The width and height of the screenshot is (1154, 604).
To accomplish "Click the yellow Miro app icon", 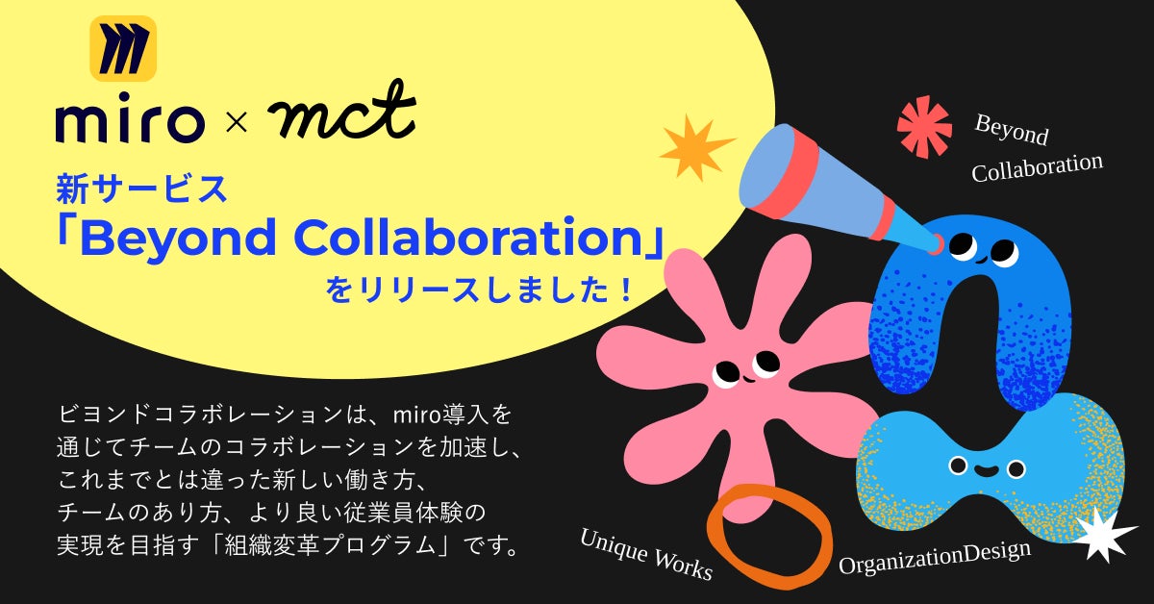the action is pyautogui.click(x=123, y=48).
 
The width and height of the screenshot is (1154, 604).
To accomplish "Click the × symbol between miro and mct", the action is pyautogui.click(x=237, y=123).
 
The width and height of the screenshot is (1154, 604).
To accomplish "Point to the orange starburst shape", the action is pyautogui.click(x=696, y=147).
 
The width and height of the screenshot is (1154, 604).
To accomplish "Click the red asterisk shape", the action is pyautogui.click(x=924, y=126).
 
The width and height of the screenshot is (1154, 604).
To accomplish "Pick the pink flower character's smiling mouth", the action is pyautogui.click(x=748, y=380).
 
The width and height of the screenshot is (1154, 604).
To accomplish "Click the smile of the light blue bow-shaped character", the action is pyautogui.click(x=987, y=470).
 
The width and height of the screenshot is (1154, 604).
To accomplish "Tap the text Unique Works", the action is pyautogui.click(x=646, y=555).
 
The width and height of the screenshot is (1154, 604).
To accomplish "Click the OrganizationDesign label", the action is pyautogui.click(x=935, y=556).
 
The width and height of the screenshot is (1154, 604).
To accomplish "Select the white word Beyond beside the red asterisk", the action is pyautogui.click(x=1012, y=130).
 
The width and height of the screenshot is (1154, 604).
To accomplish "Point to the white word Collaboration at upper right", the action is pyautogui.click(x=1037, y=167).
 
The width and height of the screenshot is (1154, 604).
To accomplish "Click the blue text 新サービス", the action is pyautogui.click(x=141, y=189).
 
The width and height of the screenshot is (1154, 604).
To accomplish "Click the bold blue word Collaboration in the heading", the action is pyautogui.click(x=467, y=236).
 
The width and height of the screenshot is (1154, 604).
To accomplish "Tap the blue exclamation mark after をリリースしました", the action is pyautogui.click(x=626, y=289).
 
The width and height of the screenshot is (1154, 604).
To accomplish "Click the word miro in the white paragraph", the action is pyautogui.click(x=411, y=415).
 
